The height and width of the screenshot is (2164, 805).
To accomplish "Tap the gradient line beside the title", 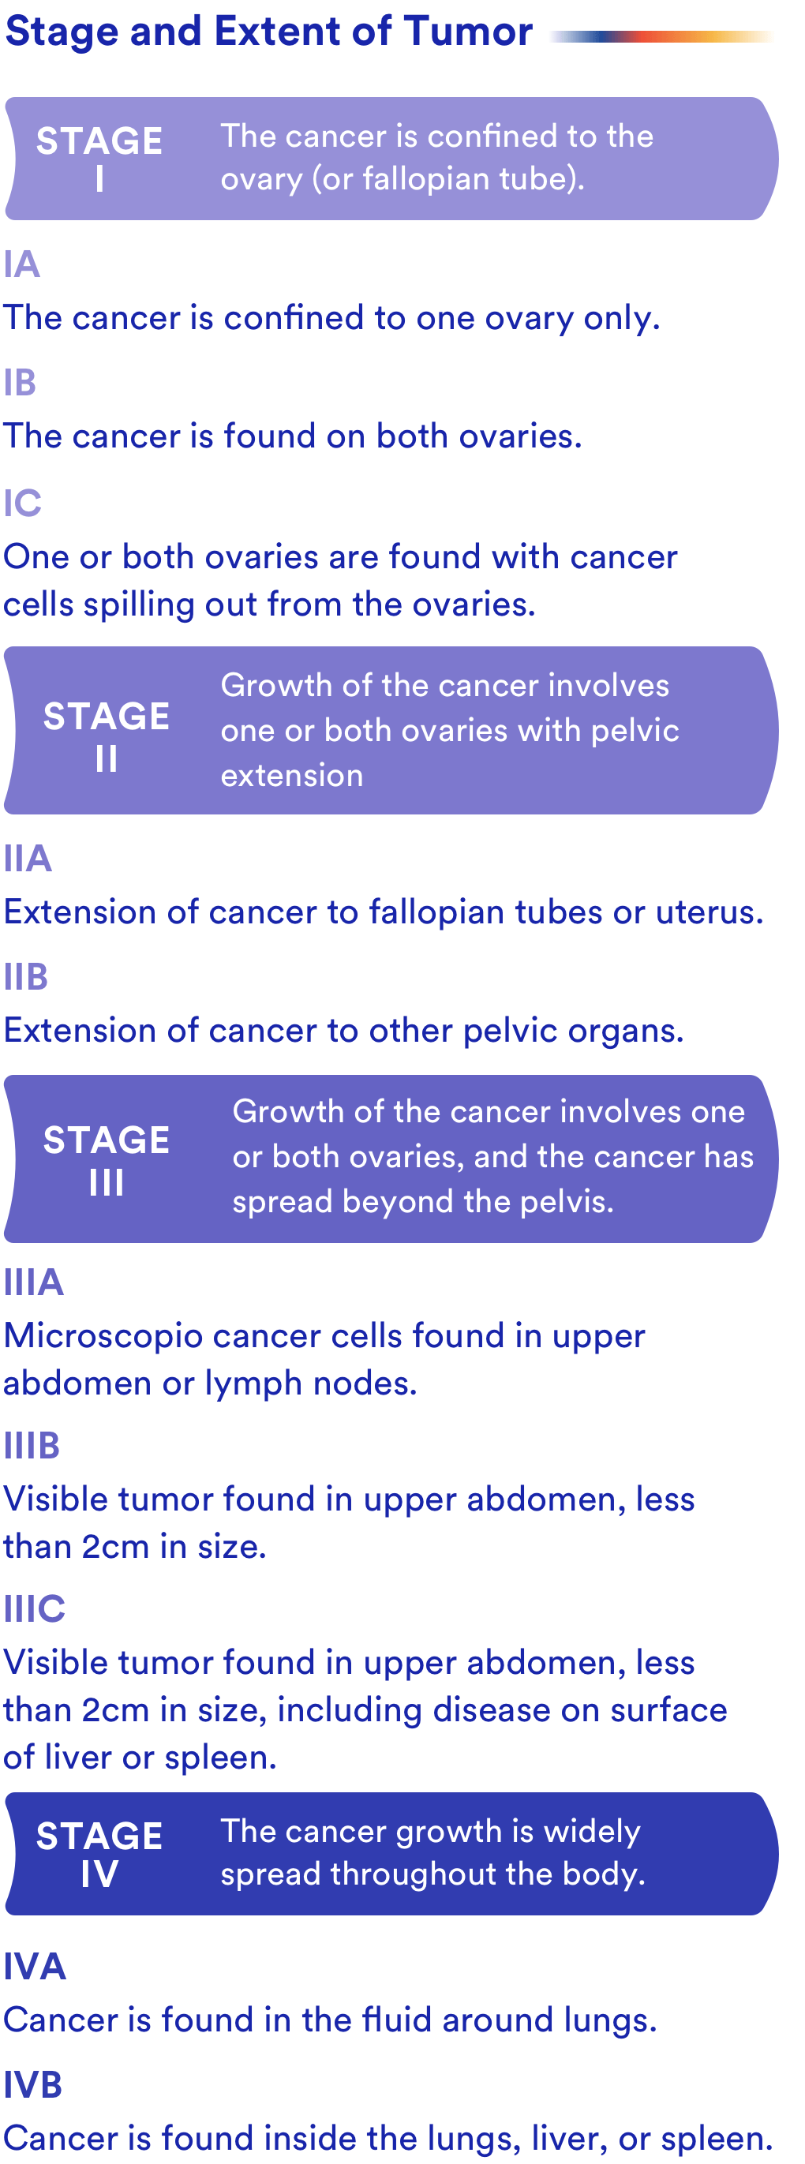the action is pos(662,36).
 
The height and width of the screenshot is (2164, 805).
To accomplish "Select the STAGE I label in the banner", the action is pos(99,159).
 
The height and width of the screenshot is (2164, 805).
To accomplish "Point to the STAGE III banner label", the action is pos(106,1160).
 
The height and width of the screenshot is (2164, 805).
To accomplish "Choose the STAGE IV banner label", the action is pos(99,1854).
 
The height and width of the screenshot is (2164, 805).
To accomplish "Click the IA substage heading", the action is pos(22,264).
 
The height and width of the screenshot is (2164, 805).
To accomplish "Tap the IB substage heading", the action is pos(21,383).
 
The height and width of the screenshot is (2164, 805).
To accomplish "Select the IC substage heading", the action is pos(23,504).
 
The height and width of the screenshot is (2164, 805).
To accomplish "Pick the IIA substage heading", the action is pos(28,859).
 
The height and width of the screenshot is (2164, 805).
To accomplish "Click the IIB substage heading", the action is pos(26,977).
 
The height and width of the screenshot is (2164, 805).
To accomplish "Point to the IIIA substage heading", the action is pos(34,1282).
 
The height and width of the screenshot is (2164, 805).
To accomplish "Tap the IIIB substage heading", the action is pos(32,1446).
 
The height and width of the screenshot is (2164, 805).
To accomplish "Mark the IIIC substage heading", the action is pos(35,1608).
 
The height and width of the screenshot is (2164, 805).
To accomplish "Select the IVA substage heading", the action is pos(35,1967).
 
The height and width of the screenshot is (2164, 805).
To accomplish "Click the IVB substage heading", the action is pos(33,2085).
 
